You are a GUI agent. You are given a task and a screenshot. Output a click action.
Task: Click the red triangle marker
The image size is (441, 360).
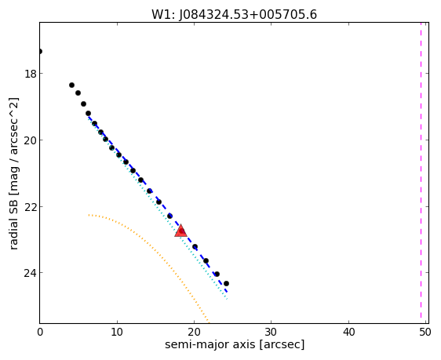tap(180, 231)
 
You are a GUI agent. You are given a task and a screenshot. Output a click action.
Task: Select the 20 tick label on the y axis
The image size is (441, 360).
tap(30, 140)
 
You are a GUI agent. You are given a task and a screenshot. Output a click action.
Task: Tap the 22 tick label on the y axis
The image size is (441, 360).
tap(30, 207)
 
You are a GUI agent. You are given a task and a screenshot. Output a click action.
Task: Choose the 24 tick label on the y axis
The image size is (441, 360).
tap(30, 273)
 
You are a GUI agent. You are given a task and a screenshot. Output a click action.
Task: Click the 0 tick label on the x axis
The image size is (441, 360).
tap(40, 333)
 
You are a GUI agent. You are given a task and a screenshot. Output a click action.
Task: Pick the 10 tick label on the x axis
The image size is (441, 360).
tap(117, 333)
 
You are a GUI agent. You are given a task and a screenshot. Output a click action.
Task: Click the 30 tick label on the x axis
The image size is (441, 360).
tap(272, 333)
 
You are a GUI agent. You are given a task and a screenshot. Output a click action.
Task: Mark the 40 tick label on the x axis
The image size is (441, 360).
tap(348, 333)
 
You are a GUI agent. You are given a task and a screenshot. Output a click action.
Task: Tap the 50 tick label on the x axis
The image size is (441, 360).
tap(425, 333)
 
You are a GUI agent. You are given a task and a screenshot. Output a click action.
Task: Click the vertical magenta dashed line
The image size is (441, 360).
tap(421, 170)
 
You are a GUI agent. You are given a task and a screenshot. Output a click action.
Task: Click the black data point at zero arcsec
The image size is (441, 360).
tap(40, 51)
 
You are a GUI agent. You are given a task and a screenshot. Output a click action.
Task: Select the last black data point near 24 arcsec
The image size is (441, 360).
tap(226, 283)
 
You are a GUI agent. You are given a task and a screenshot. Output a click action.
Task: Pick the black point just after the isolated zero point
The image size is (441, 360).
tap(71, 85)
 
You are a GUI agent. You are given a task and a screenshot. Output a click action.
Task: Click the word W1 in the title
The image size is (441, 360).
tap(162, 15)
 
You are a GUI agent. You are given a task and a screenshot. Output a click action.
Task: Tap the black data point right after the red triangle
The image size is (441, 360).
tap(195, 246)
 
